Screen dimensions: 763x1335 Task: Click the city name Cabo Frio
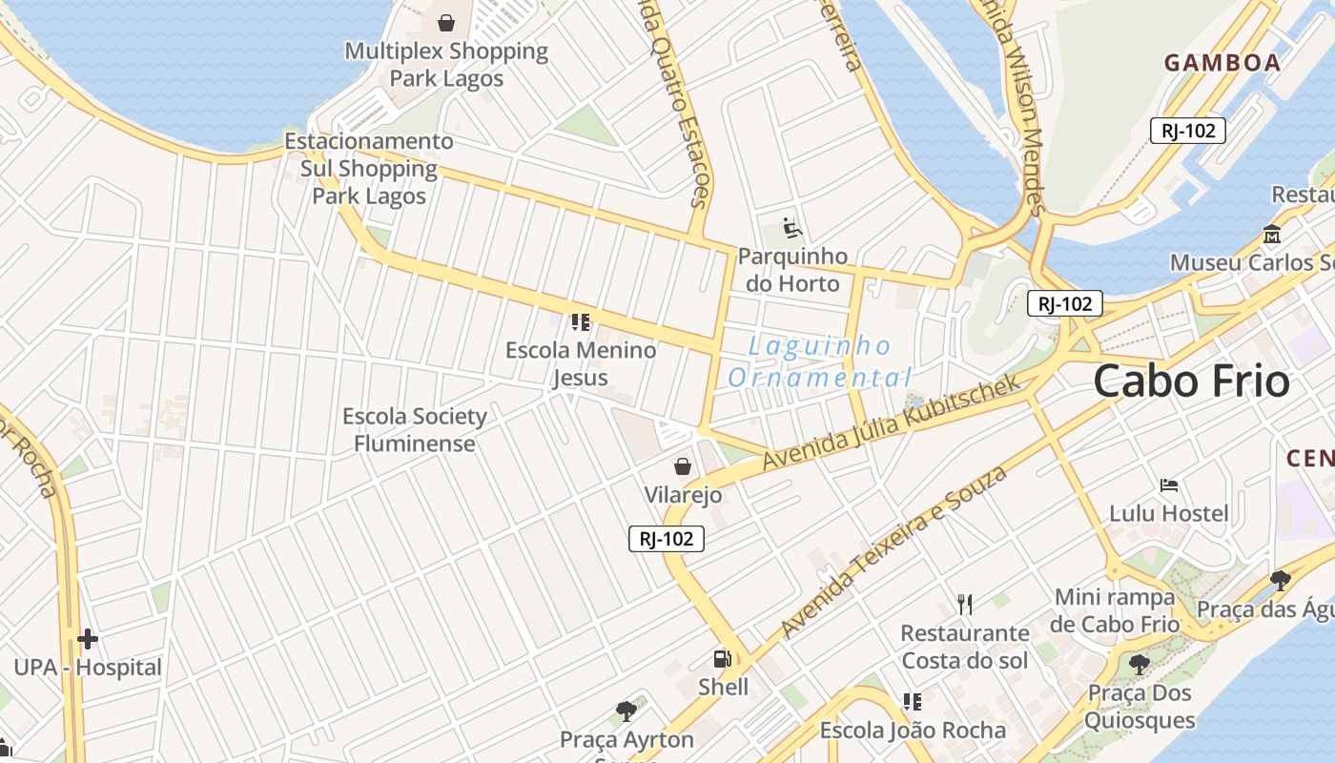click(1191, 381)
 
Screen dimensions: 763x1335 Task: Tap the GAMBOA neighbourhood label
click(1222, 63)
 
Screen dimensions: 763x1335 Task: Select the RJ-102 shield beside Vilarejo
click(667, 539)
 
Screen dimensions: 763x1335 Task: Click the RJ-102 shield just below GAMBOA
click(1187, 131)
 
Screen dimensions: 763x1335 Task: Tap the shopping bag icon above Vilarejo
click(683, 466)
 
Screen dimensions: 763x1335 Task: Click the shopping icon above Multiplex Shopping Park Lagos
click(446, 22)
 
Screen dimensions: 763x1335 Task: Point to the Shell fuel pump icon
click(723, 658)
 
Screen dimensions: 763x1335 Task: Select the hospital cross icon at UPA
click(88, 638)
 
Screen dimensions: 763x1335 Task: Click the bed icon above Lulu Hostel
click(1169, 485)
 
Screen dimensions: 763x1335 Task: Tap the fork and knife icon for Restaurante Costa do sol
click(965, 604)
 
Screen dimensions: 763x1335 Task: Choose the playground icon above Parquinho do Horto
click(792, 228)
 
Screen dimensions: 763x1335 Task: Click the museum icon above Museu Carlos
click(1272, 234)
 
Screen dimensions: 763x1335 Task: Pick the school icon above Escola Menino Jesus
click(581, 322)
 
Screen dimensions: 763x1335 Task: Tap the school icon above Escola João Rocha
click(913, 702)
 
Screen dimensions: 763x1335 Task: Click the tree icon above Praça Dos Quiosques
click(1139, 664)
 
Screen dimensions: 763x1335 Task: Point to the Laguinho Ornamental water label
click(818, 361)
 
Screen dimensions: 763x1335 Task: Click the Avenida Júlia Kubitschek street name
click(891, 423)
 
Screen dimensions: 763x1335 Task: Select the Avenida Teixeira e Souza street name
click(893, 552)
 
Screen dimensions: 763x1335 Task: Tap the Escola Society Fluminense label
click(415, 430)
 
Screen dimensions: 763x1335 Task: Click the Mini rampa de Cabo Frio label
click(1115, 611)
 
